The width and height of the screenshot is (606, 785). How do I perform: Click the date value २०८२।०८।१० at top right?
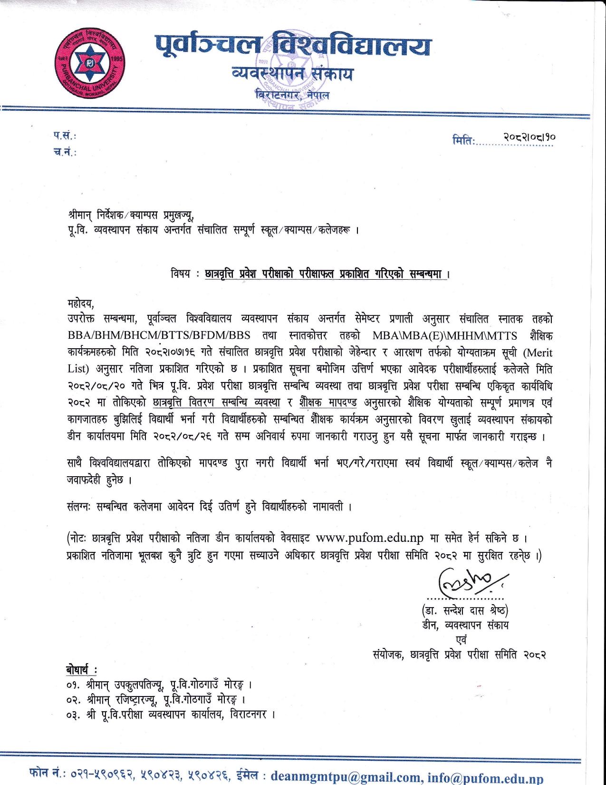coord(529,137)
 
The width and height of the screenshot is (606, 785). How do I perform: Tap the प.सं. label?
coord(65,136)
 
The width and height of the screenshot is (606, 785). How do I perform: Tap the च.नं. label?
coord(65,152)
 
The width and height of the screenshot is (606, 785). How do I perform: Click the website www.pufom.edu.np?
coord(369,538)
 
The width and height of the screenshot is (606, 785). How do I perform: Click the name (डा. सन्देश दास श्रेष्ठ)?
coord(465,610)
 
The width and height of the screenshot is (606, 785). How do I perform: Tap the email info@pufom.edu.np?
coord(485,777)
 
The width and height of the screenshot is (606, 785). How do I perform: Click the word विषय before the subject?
coord(181,274)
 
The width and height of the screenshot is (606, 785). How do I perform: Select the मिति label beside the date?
coord(463,140)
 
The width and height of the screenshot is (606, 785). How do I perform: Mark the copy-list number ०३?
coord(74,715)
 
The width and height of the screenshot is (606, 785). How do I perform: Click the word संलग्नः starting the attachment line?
coord(78,507)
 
